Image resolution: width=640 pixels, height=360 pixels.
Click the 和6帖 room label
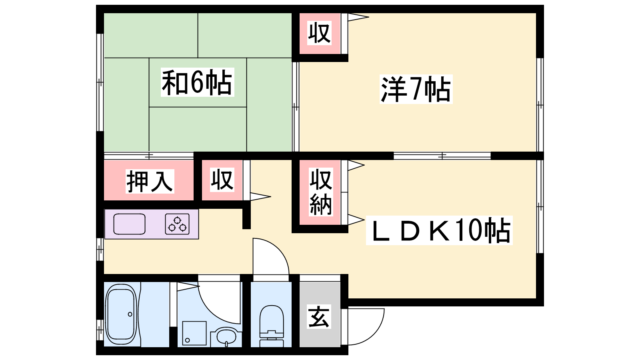[198, 82]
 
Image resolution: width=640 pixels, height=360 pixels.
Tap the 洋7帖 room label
[416, 89]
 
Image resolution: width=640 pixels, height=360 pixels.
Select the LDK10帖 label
[440, 230]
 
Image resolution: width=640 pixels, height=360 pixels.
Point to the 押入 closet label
[150, 181]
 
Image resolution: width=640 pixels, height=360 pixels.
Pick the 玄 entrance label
[319, 316]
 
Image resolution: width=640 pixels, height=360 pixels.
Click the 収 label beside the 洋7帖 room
[320, 33]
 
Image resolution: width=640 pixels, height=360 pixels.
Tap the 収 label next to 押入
[222, 180]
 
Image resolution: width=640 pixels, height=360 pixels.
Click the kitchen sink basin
[130, 224]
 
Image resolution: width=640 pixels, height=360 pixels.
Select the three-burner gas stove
[177, 224]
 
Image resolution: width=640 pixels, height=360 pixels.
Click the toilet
[272, 326]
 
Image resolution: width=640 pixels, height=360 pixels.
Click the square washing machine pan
[194, 333]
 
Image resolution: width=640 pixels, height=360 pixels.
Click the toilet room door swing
[271, 256]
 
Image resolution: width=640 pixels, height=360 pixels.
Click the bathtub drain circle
[130, 314]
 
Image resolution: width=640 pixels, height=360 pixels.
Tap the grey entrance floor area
[320, 314]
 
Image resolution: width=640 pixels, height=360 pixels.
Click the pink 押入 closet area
[148, 180]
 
